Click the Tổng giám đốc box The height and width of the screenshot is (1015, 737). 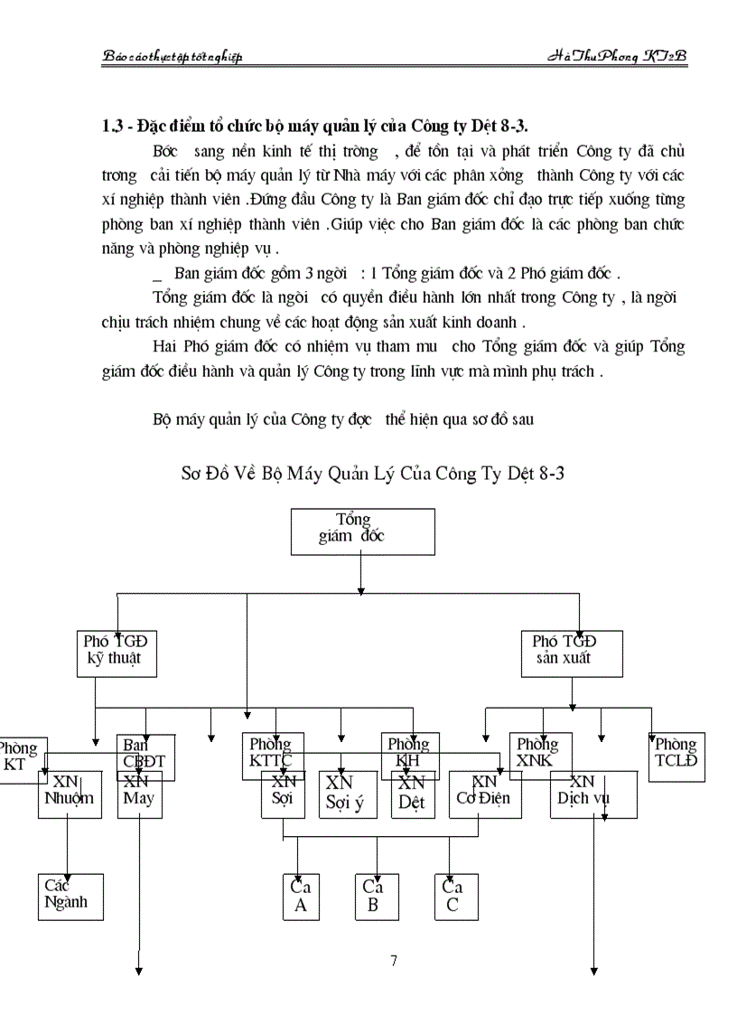(362, 531)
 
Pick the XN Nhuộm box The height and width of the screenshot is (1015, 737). (69, 795)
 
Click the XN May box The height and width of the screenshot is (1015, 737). (139, 795)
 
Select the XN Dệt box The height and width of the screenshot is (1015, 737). (413, 795)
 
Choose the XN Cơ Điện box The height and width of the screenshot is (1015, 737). (485, 795)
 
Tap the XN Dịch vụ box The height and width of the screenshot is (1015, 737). (593, 795)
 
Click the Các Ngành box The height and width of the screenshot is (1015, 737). (70, 896)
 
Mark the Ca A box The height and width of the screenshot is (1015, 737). (301, 897)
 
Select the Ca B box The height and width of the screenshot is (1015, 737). (373, 897)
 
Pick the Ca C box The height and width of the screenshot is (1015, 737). (454, 897)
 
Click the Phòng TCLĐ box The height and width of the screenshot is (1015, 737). (676, 757)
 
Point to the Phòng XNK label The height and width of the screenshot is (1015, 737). (538, 753)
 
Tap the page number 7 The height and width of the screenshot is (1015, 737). (394, 961)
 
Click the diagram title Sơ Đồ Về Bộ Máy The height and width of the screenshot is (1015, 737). (371, 474)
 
